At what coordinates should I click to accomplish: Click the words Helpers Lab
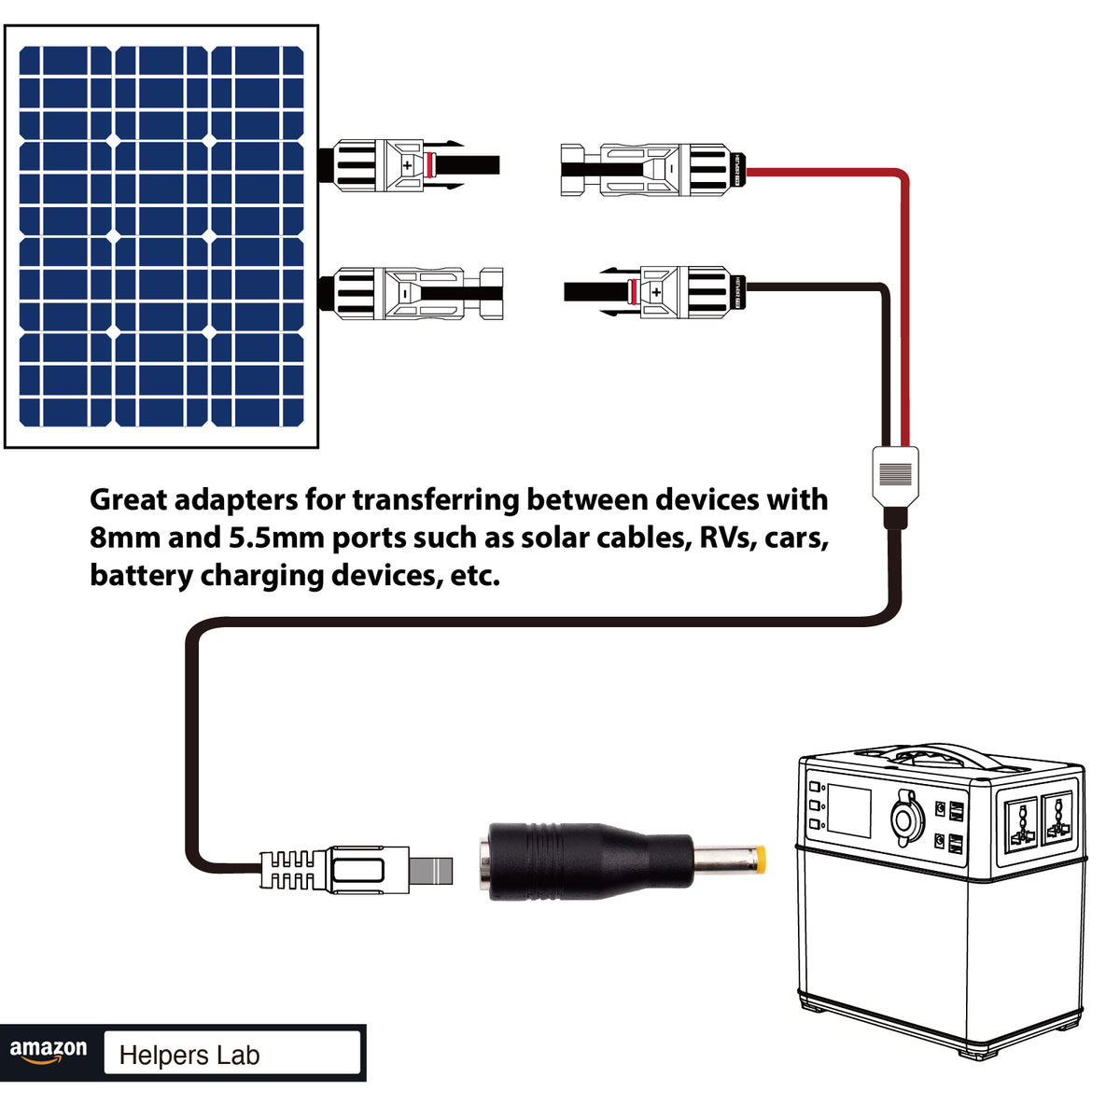pos(189,1056)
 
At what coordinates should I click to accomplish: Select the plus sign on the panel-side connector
pos(407,166)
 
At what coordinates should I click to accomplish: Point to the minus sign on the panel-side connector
pos(404,293)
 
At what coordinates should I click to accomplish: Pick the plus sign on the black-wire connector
pos(656,293)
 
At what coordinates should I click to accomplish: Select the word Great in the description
pos(128,500)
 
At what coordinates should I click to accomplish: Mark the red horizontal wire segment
pos(821,172)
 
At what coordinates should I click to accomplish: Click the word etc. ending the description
pos(475,575)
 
